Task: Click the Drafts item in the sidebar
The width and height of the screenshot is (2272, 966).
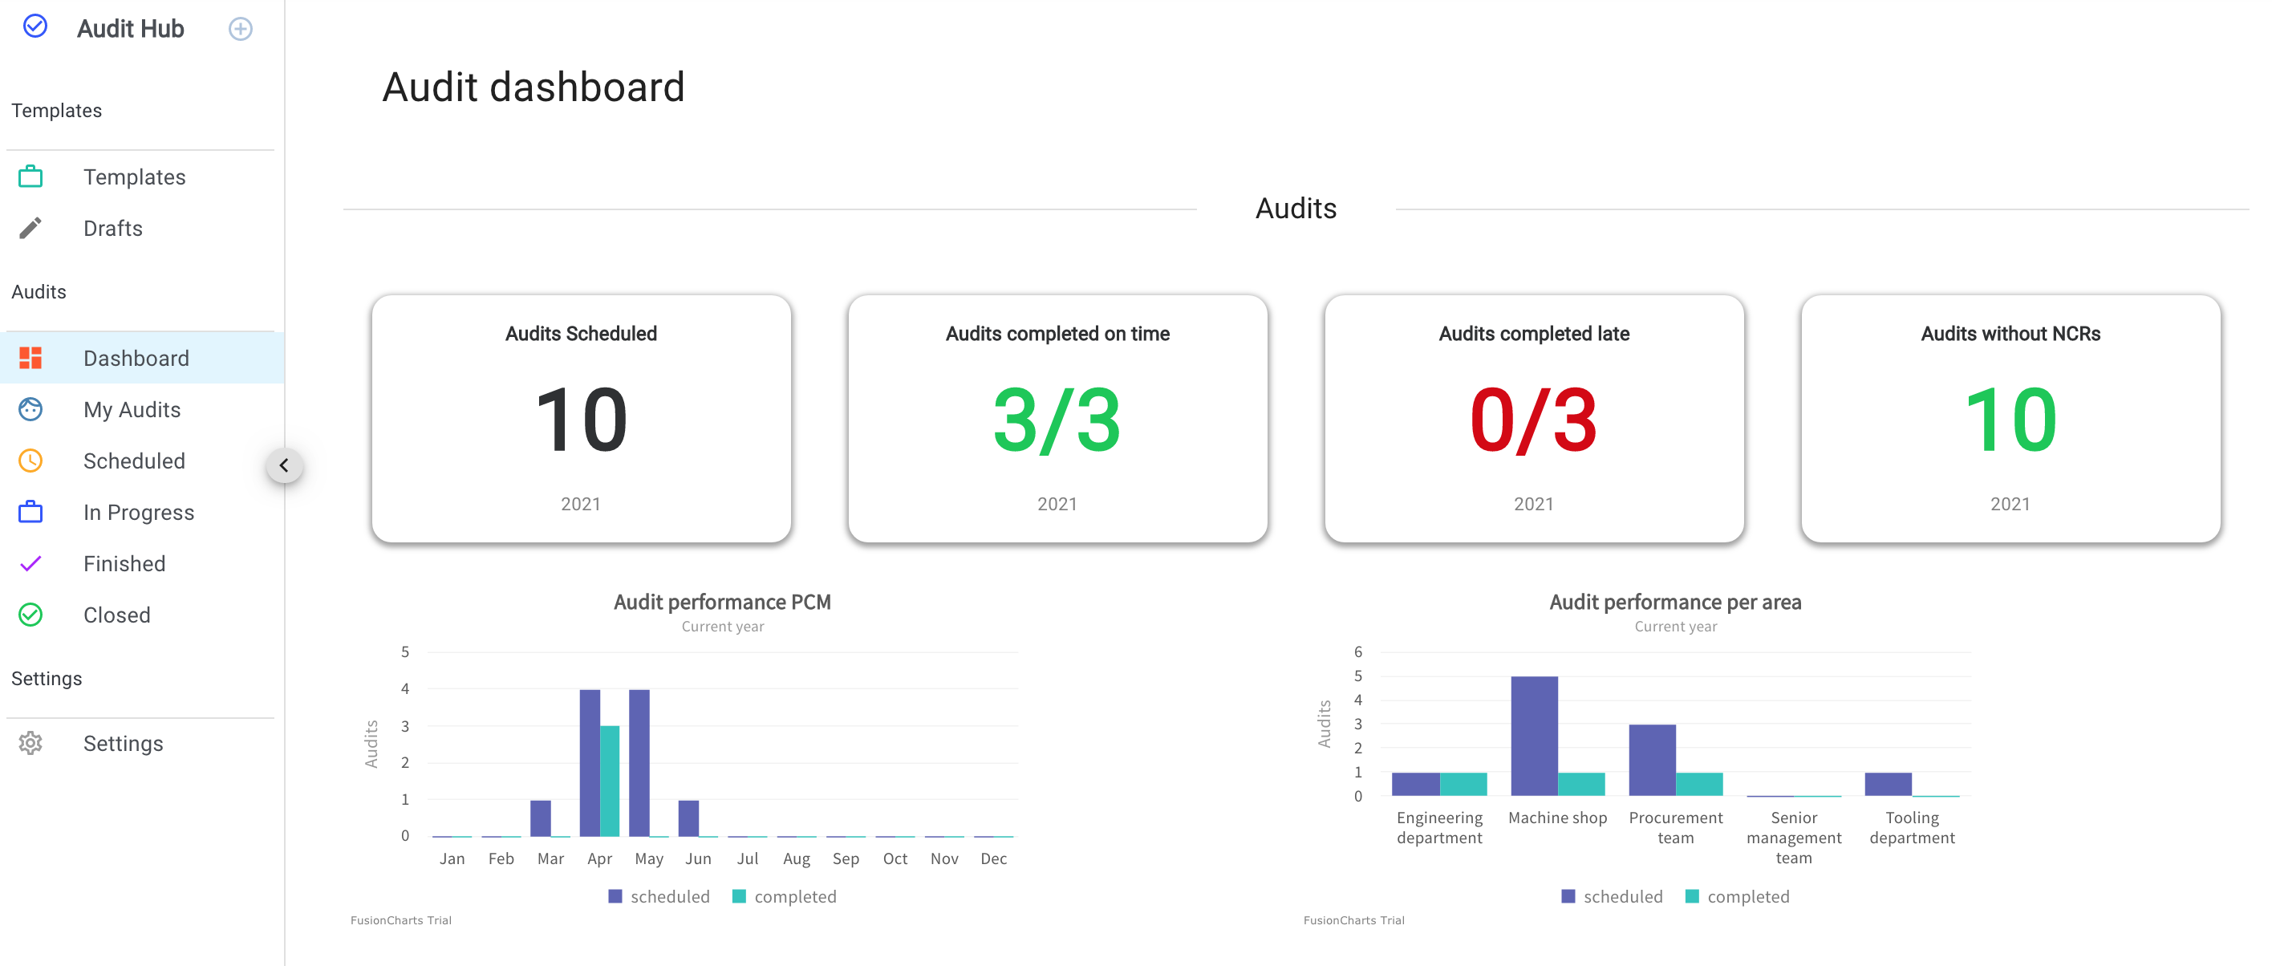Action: (x=112, y=229)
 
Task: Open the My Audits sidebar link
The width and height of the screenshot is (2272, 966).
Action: (x=132, y=409)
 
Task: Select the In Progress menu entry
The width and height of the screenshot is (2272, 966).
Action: (x=138, y=513)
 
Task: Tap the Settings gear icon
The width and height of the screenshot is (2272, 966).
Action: (x=30, y=743)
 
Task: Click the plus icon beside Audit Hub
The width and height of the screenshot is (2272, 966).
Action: (x=240, y=29)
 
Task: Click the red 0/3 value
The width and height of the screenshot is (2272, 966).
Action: (x=1533, y=420)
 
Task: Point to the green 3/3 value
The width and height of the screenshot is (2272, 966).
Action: (x=1057, y=420)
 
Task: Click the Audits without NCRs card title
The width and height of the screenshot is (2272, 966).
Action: (x=2009, y=334)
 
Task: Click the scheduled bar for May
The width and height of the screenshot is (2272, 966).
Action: (x=639, y=762)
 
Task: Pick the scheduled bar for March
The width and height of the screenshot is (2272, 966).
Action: (x=540, y=818)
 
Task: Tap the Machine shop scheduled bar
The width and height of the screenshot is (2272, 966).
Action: (x=1534, y=736)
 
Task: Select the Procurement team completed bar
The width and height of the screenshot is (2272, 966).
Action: (x=1698, y=783)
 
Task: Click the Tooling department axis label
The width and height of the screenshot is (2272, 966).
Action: (x=1911, y=827)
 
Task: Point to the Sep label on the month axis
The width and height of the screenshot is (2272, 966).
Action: (x=845, y=858)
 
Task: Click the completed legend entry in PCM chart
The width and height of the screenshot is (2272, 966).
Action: (x=784, y=896)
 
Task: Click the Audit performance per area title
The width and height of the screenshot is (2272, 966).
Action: (x=1674, y=602)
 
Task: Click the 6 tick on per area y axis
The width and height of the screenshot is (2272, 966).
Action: (x=1357, y=652)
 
